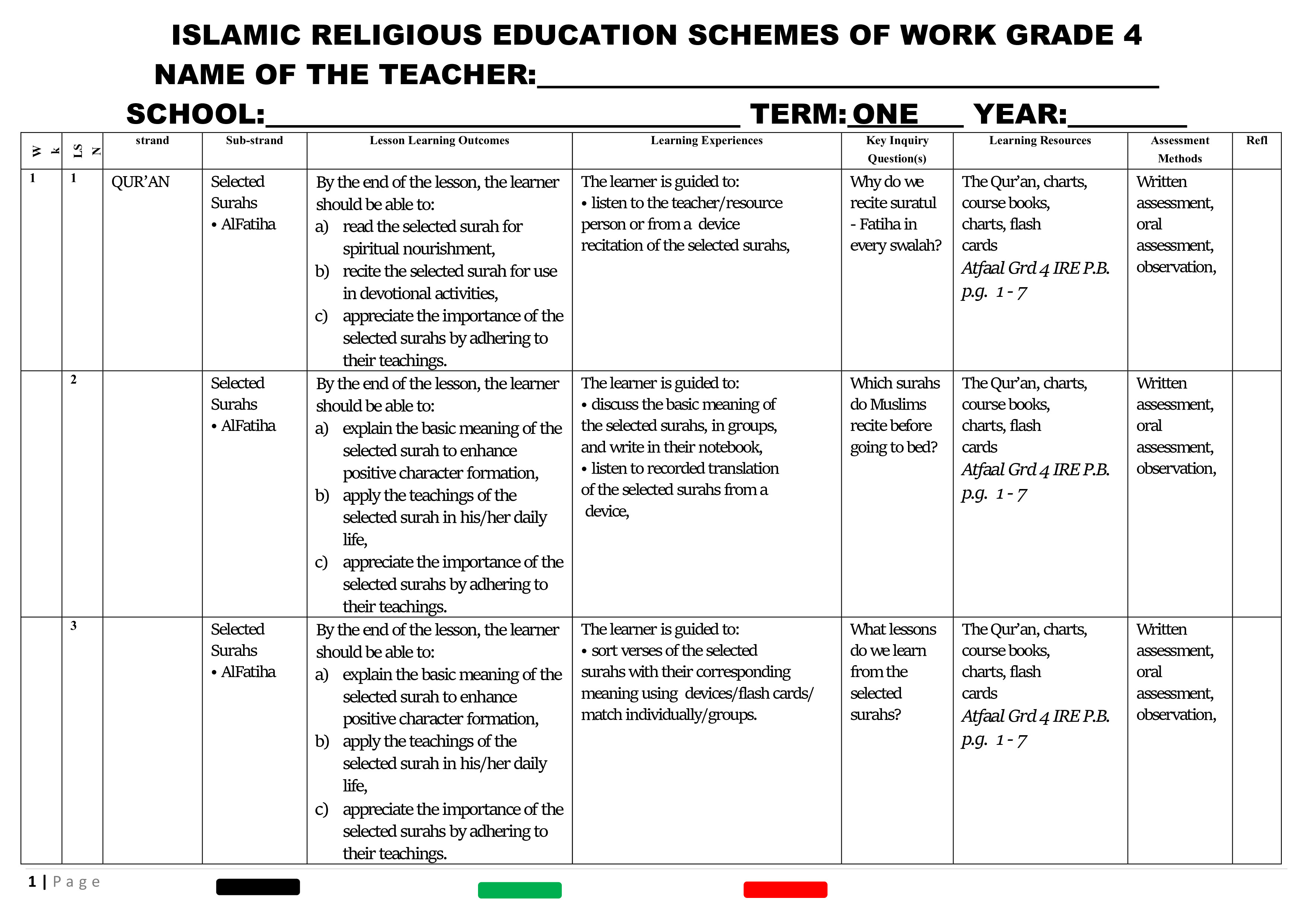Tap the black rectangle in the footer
coord(258,887)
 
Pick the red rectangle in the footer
coord(785,890)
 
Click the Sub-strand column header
coord(254,140)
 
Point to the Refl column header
coord(1256,140)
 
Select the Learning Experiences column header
coord(707,140)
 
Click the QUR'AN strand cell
coord(140,182)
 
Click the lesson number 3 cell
coord(73,626)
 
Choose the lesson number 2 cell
coord(73,380)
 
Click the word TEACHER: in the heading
coord(458,74)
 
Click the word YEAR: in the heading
coord(1020,114)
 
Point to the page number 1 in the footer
coord(32,882)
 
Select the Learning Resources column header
coord(1040,140)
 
